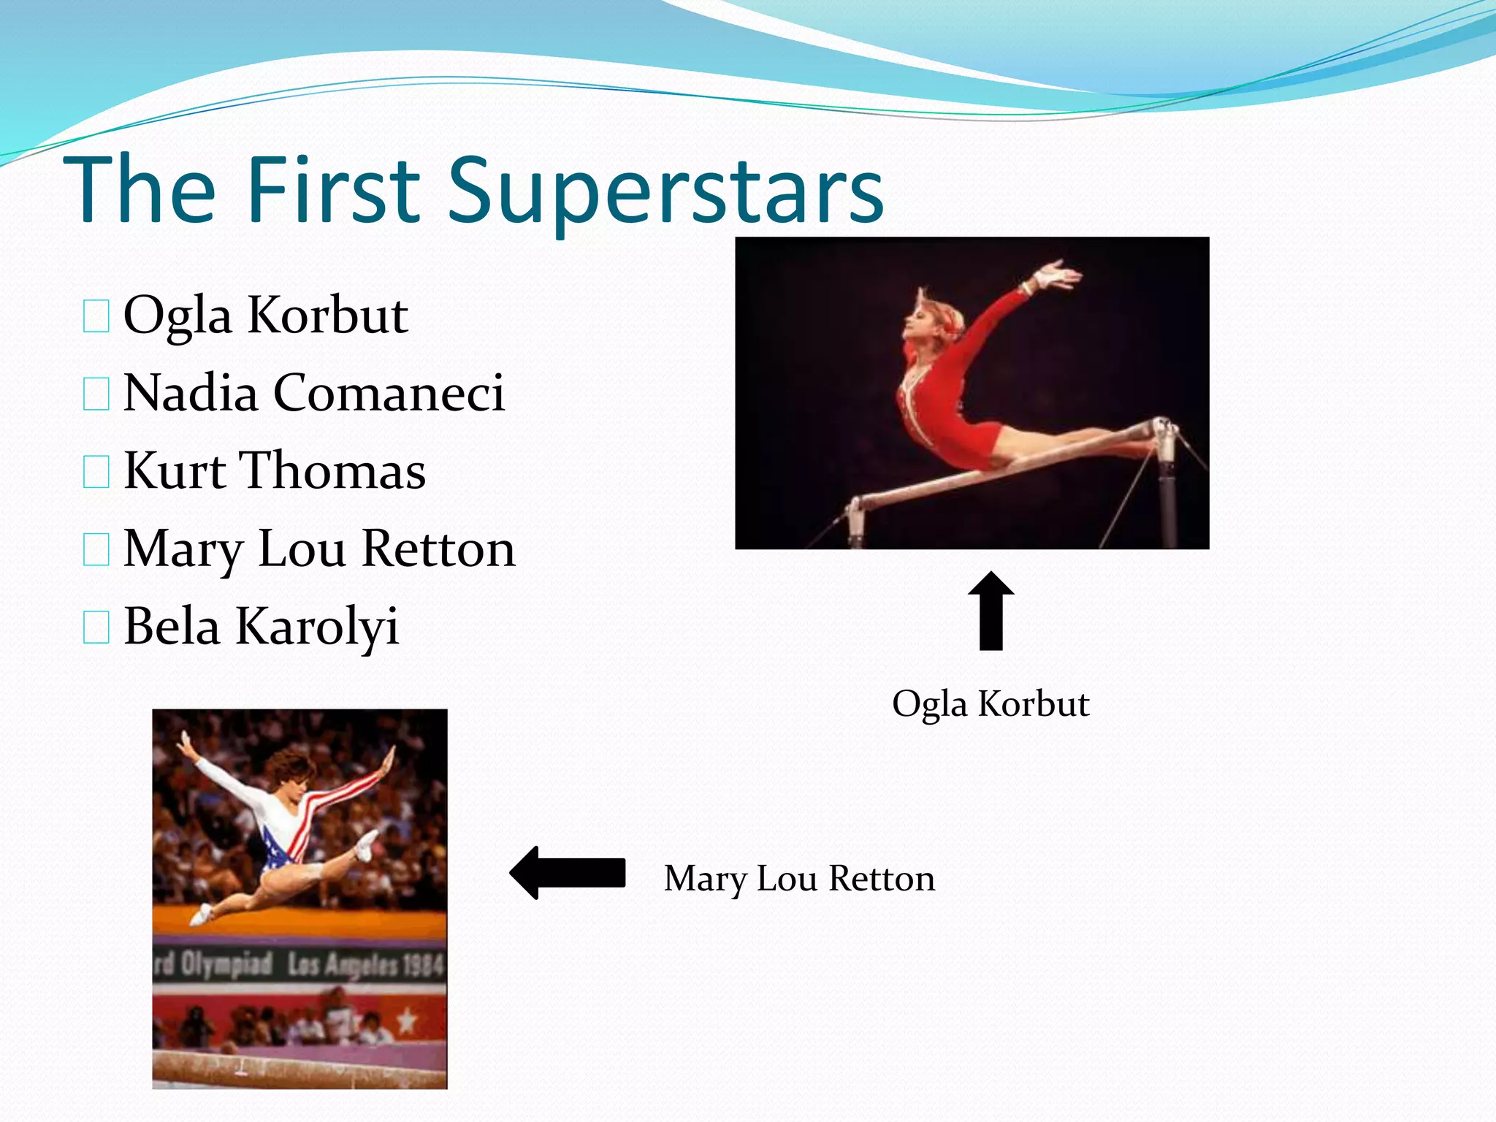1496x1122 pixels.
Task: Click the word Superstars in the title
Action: click(x=665, y=191)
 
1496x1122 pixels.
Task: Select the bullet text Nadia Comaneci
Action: click(x=314, y=393)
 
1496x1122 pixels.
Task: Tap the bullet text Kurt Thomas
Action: click(x=275, y=470)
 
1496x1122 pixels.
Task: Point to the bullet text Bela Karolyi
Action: click(x=261, y=627)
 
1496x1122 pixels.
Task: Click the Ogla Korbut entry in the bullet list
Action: click(x=265, y=316)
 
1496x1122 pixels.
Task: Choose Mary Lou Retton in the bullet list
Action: click(x=319, y=549)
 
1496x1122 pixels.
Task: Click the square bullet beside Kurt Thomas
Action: click(x=96, y=472)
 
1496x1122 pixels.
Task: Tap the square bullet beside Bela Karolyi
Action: click(x=96, y=627)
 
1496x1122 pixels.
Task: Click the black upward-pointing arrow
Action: click(x=991, y=611)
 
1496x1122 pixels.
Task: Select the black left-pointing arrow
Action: click(x=568, y=873)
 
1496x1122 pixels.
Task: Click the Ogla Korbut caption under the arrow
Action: click(x=991, y=704)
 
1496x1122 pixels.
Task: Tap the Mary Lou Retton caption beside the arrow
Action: click(x=799, y=879)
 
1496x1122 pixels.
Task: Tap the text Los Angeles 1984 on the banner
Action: click(x=365, y=966)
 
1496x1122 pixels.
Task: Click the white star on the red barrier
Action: click(x=406, y=1020)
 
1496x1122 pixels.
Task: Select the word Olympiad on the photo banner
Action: click(x=226, y=964)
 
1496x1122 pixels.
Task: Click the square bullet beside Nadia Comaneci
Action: click(x=96, y=394)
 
